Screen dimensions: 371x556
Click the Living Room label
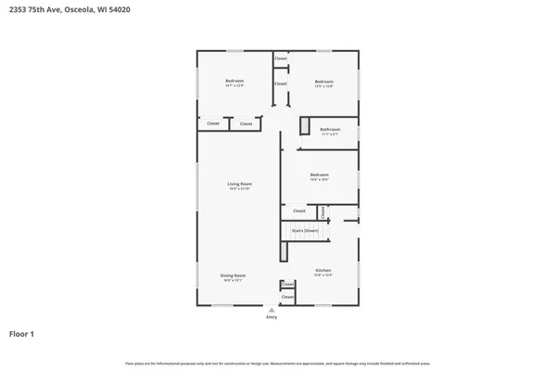240,185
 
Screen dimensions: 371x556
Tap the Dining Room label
233,275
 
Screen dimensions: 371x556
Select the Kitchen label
322,271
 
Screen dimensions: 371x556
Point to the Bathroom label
330,130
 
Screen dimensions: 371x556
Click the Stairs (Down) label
305,230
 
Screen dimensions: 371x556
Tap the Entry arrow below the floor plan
272,309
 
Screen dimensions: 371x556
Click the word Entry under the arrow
272,317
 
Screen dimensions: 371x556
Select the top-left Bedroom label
234,82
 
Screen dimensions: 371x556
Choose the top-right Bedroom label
323,82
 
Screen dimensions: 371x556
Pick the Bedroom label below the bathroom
319,174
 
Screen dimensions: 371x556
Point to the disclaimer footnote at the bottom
277,364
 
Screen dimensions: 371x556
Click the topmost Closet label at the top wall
280,58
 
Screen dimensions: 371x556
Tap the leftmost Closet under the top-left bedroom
213,123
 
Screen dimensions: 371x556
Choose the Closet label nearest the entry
287,297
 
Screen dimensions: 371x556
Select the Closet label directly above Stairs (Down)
298,211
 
